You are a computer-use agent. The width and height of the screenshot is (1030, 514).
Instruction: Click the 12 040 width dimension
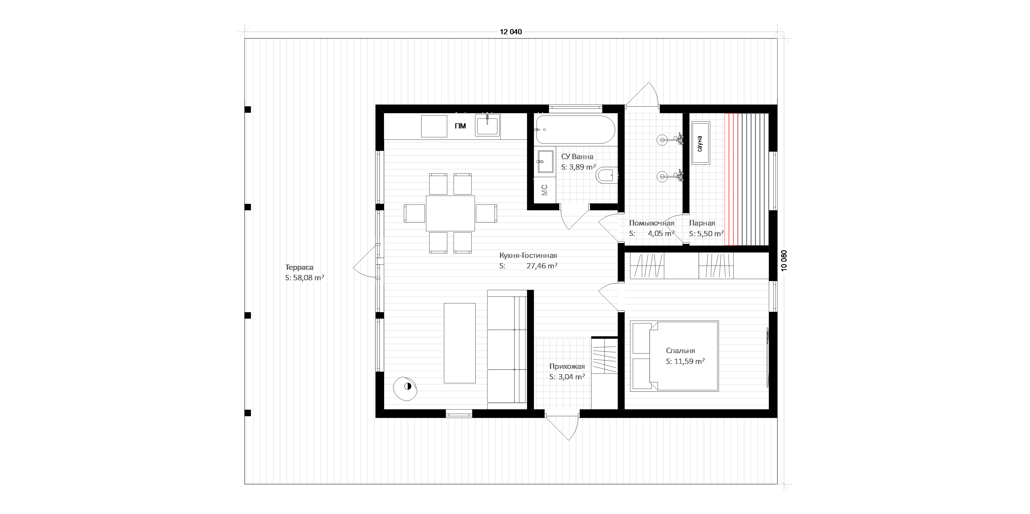coord(511,32)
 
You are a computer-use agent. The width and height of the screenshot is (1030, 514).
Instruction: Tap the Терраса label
coord(299,267)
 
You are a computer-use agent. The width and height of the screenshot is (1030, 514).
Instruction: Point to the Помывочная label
coord(652,223)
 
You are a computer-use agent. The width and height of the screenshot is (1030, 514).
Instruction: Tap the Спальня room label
coord(681,351)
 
